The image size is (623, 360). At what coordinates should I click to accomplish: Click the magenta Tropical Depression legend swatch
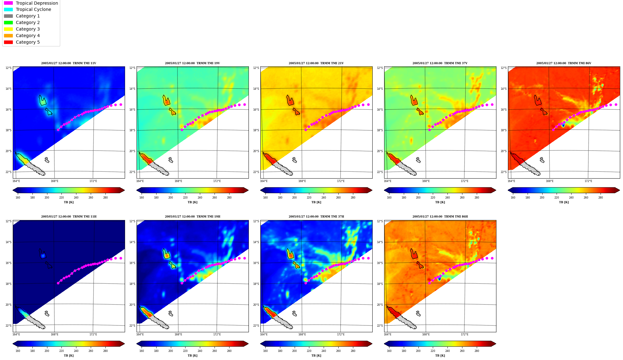(x=8, y=3)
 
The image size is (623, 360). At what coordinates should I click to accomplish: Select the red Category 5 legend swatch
(x=8, y=42)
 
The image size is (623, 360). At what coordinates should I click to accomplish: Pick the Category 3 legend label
(x=28, y=29)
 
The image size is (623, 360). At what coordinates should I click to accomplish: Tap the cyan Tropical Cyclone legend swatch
(x=8, y=10)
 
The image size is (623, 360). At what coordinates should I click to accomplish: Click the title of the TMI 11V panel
(x=69, y=63)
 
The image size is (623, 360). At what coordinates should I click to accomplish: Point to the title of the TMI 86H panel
(x=440, y=217)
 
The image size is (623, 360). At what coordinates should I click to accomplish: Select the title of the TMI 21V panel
(x=316, y=63)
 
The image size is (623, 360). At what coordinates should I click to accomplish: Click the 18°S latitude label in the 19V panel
(x=132, y=130)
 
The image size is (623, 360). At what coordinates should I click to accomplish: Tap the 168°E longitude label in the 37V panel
(x=426, y=181)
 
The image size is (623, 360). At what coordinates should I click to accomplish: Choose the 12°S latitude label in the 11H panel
(x=8, y=221)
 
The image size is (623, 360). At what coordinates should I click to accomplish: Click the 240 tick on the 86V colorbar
(x=571, y=198)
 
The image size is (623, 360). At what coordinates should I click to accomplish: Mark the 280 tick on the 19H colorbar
(x=229, y=351)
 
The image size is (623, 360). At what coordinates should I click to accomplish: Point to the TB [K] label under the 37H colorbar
(x=316, y=356)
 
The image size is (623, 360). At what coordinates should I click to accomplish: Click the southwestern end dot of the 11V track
(x=58, y=130)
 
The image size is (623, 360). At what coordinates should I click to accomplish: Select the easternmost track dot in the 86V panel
(x=616, y=105)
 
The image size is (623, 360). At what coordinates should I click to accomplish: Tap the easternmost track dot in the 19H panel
(x=244, y=258)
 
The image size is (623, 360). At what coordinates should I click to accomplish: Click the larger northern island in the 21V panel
(x=290, y=101)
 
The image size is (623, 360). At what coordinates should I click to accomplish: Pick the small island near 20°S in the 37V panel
(x=418, y=160)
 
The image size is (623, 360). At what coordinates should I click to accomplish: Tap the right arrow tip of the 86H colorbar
(x=496, y=344)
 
